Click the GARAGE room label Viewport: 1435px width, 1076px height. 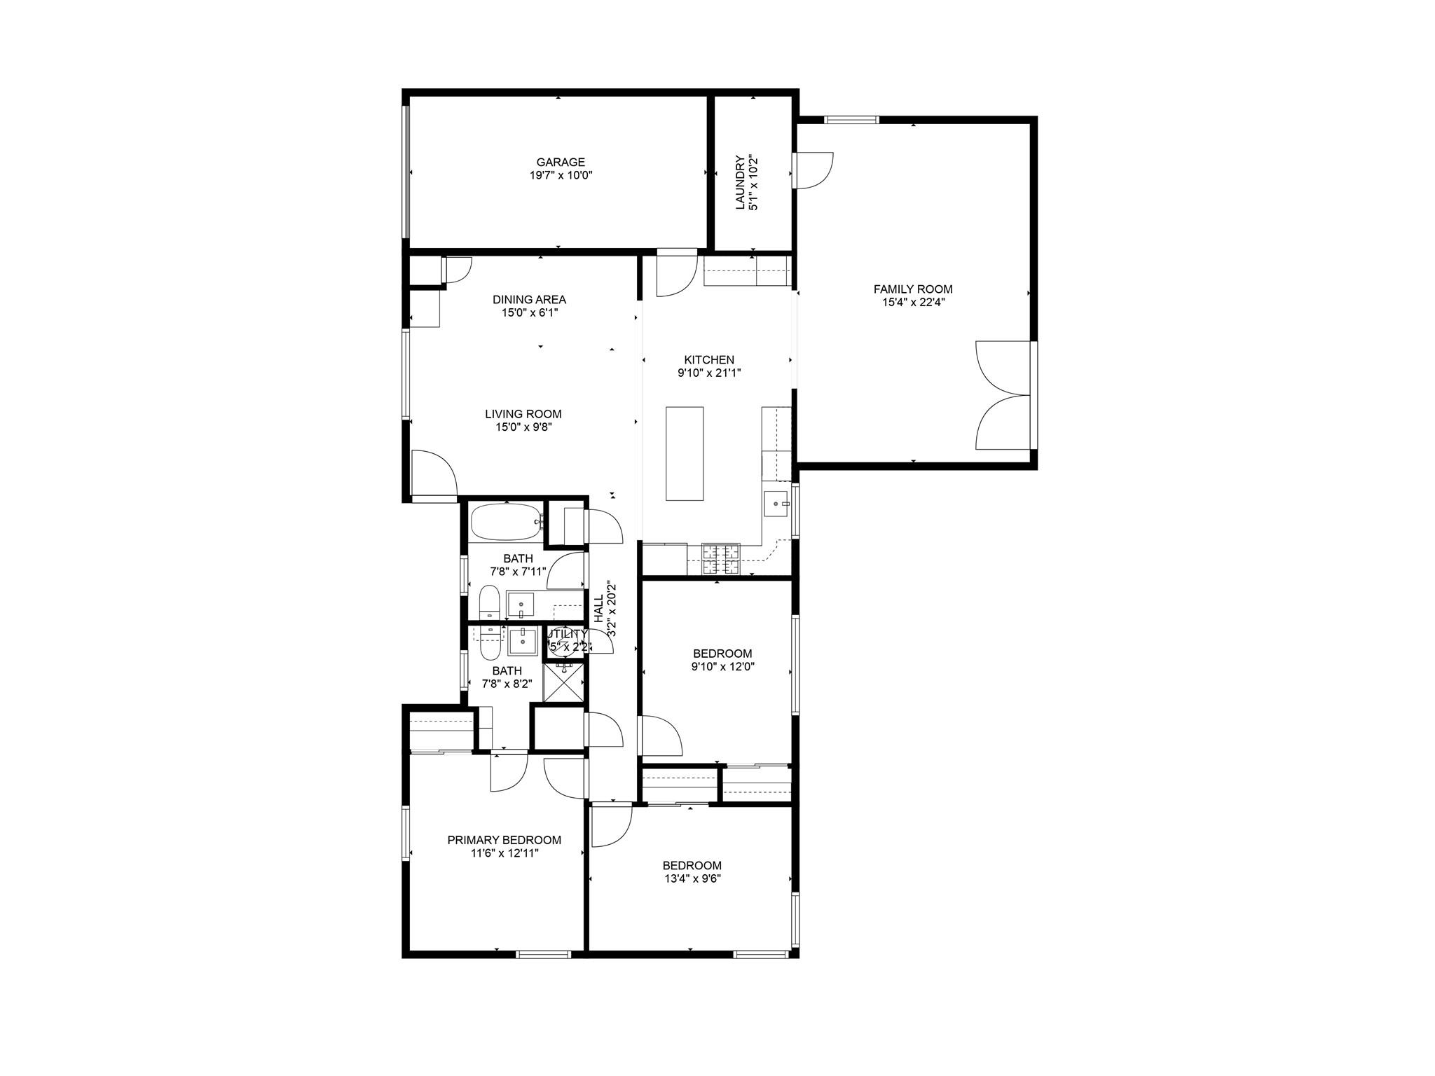[561, 163]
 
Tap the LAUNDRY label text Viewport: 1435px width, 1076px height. [741, 182]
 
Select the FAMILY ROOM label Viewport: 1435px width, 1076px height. [912, 289]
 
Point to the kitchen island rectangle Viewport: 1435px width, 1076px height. [684, 453]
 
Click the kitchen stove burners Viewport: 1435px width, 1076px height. [721, 559]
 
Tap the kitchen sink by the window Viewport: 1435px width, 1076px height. [776, 503]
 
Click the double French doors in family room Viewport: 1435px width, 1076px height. [1002, 395]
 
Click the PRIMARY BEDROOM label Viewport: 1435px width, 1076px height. [504, 840]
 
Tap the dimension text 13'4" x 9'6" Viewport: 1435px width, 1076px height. [692, 878]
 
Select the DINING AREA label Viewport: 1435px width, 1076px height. [529, 299]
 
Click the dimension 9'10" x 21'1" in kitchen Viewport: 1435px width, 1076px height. [709, 373]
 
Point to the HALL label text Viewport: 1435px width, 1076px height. [599, 609]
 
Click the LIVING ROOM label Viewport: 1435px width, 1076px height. [523, 414]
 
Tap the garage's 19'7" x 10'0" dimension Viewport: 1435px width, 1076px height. [561, 176]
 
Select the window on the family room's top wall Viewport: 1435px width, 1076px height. [851, 120]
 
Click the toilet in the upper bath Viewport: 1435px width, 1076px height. [489, 602]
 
